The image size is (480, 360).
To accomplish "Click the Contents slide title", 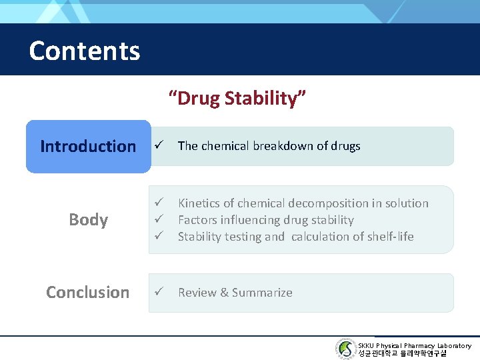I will [x=85, y=51].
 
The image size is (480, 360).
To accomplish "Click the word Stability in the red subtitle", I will [x=264, y=99].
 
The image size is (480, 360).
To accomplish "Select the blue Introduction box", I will [x=88, y=146].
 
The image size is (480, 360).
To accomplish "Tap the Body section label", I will [x=88, y=220].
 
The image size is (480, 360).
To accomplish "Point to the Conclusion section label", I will [x=88, y=292].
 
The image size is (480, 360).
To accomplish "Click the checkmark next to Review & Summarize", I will [x=159, y=292].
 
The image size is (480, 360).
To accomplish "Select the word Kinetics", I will [x=199, y=203].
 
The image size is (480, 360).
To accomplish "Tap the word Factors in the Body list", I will [x=198, y=220].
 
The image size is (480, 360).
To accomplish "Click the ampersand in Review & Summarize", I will [x=223, y=292].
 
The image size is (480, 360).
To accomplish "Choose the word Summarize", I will [x=261, y=292].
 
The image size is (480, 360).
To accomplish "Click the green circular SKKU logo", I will [x=345, y=349].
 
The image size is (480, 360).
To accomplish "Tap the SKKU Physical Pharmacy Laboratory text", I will [x=414, y=345].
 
